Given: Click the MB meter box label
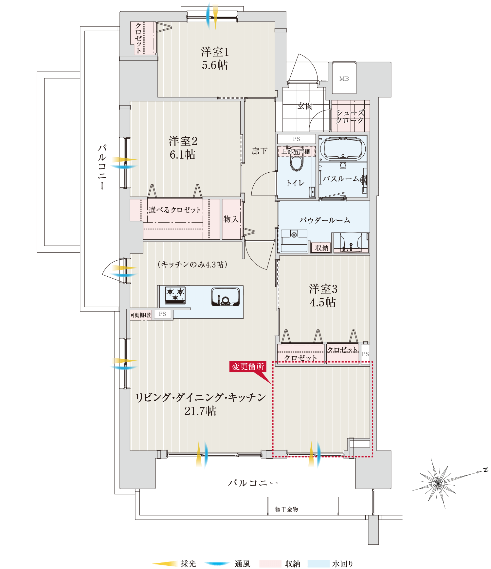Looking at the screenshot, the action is [x=344, y=79].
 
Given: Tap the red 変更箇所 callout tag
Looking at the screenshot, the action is [x=248, y=367].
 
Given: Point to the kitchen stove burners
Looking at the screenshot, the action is [x=175, y=294].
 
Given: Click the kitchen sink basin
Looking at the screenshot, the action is [x=225, y=297].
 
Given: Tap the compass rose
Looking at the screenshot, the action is [x=438, y=483].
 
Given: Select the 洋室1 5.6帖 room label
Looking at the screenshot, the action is [x=215, y=58].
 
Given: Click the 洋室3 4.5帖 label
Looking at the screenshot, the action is [x=323, y=296].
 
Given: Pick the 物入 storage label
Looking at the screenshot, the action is [x=231, y=219].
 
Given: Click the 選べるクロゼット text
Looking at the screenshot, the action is [x=174, y=210].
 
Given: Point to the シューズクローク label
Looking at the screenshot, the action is [x=350, y=116].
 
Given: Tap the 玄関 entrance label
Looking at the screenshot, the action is [x=305, y=106].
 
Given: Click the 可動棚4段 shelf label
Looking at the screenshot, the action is [x=141, y=315].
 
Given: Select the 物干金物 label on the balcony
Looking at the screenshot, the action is [x=286, y=509].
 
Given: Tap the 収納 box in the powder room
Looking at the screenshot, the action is [x=322, y=248].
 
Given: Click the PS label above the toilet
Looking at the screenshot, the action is [x=296, y=139].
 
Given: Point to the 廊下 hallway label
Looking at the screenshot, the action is [x=260, y=151].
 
